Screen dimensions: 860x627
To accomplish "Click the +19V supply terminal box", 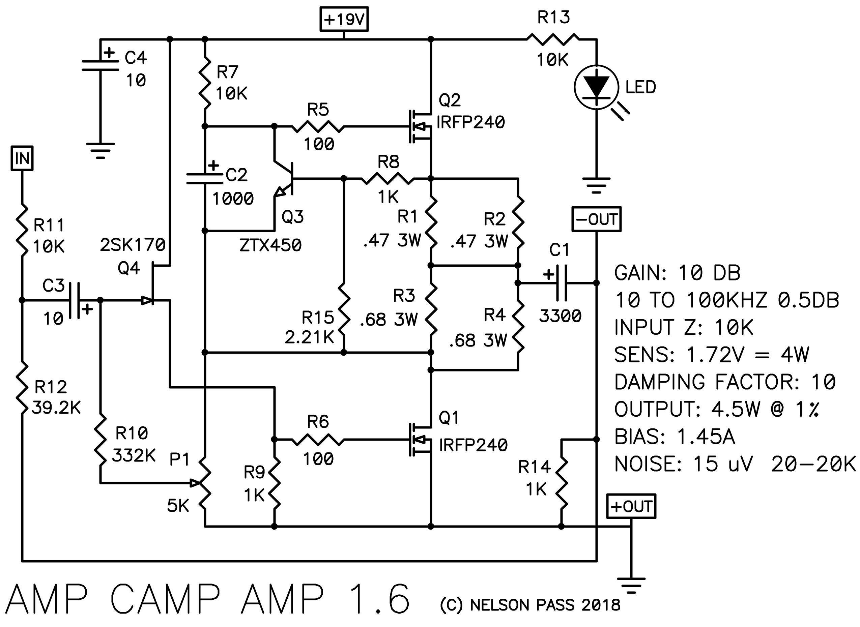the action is coord(344,19).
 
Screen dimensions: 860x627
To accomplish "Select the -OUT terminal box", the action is coord(597,219).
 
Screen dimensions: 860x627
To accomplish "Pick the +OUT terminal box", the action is coord(631,506).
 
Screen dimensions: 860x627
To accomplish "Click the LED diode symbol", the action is coord(597,88).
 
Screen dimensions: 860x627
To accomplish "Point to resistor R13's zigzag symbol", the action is coord(553,39).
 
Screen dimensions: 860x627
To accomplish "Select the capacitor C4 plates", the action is coord(100,65).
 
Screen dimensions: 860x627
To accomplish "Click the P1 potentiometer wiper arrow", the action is coord(195,483).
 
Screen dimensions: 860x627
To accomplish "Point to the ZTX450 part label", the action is coord(270,245).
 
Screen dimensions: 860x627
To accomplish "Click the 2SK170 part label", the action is coord(133,245).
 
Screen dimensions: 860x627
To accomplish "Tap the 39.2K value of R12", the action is coord(56,408).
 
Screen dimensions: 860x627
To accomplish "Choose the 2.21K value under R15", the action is coord(310,338).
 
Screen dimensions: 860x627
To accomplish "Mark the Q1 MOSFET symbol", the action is coord(420,440).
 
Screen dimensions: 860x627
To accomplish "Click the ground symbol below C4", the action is coord(100,151).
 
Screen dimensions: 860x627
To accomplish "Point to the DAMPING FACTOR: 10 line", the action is coord(725,382).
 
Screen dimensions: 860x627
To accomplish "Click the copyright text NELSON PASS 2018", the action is coord(545,605).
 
